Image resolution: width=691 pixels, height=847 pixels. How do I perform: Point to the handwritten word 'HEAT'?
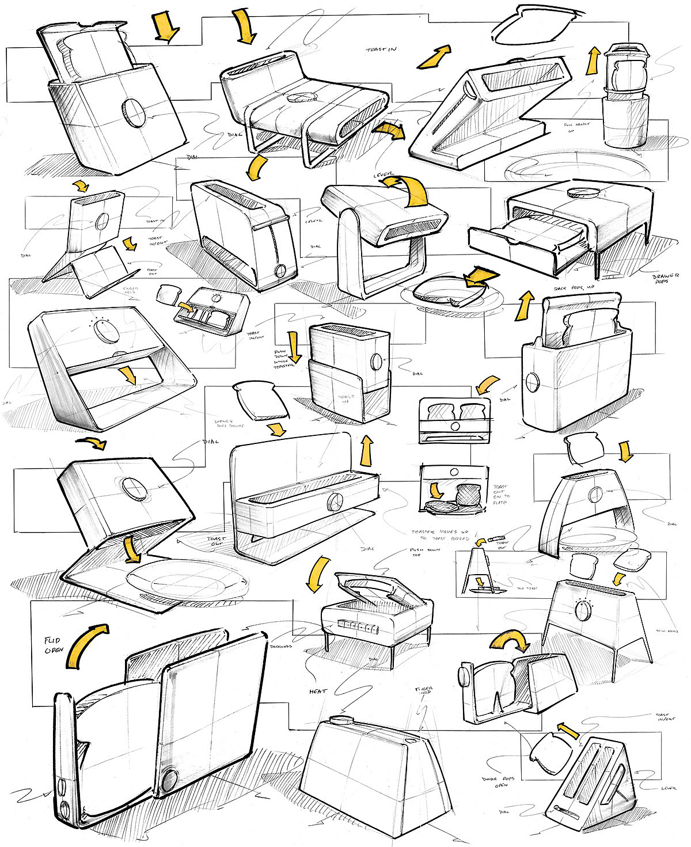tap(317, 691)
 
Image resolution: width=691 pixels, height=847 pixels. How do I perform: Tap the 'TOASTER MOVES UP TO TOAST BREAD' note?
tap(435, 535)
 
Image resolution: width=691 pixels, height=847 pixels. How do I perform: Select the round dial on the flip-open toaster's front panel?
tap(169, 780)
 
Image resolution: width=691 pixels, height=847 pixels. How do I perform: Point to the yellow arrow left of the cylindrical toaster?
tap(591, 62)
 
